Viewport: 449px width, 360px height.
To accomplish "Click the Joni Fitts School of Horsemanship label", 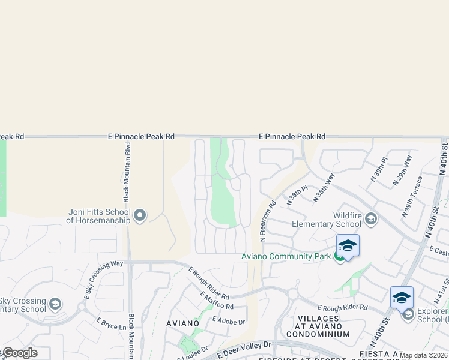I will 98,215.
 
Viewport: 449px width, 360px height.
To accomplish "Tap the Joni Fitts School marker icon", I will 140,215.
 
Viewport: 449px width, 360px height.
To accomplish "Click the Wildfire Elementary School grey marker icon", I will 370,218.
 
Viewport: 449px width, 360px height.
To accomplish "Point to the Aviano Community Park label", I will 286,256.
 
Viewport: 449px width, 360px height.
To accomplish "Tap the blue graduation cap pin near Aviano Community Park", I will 348,246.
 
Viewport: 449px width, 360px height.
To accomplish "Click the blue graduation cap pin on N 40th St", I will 402,298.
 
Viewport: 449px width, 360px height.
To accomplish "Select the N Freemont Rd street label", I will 267,221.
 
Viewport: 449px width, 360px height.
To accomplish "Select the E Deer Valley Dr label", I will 246,347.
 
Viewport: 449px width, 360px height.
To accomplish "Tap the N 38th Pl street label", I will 297,196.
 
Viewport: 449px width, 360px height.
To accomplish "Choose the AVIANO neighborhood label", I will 182,323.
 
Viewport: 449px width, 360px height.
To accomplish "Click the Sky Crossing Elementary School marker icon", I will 55,304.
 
